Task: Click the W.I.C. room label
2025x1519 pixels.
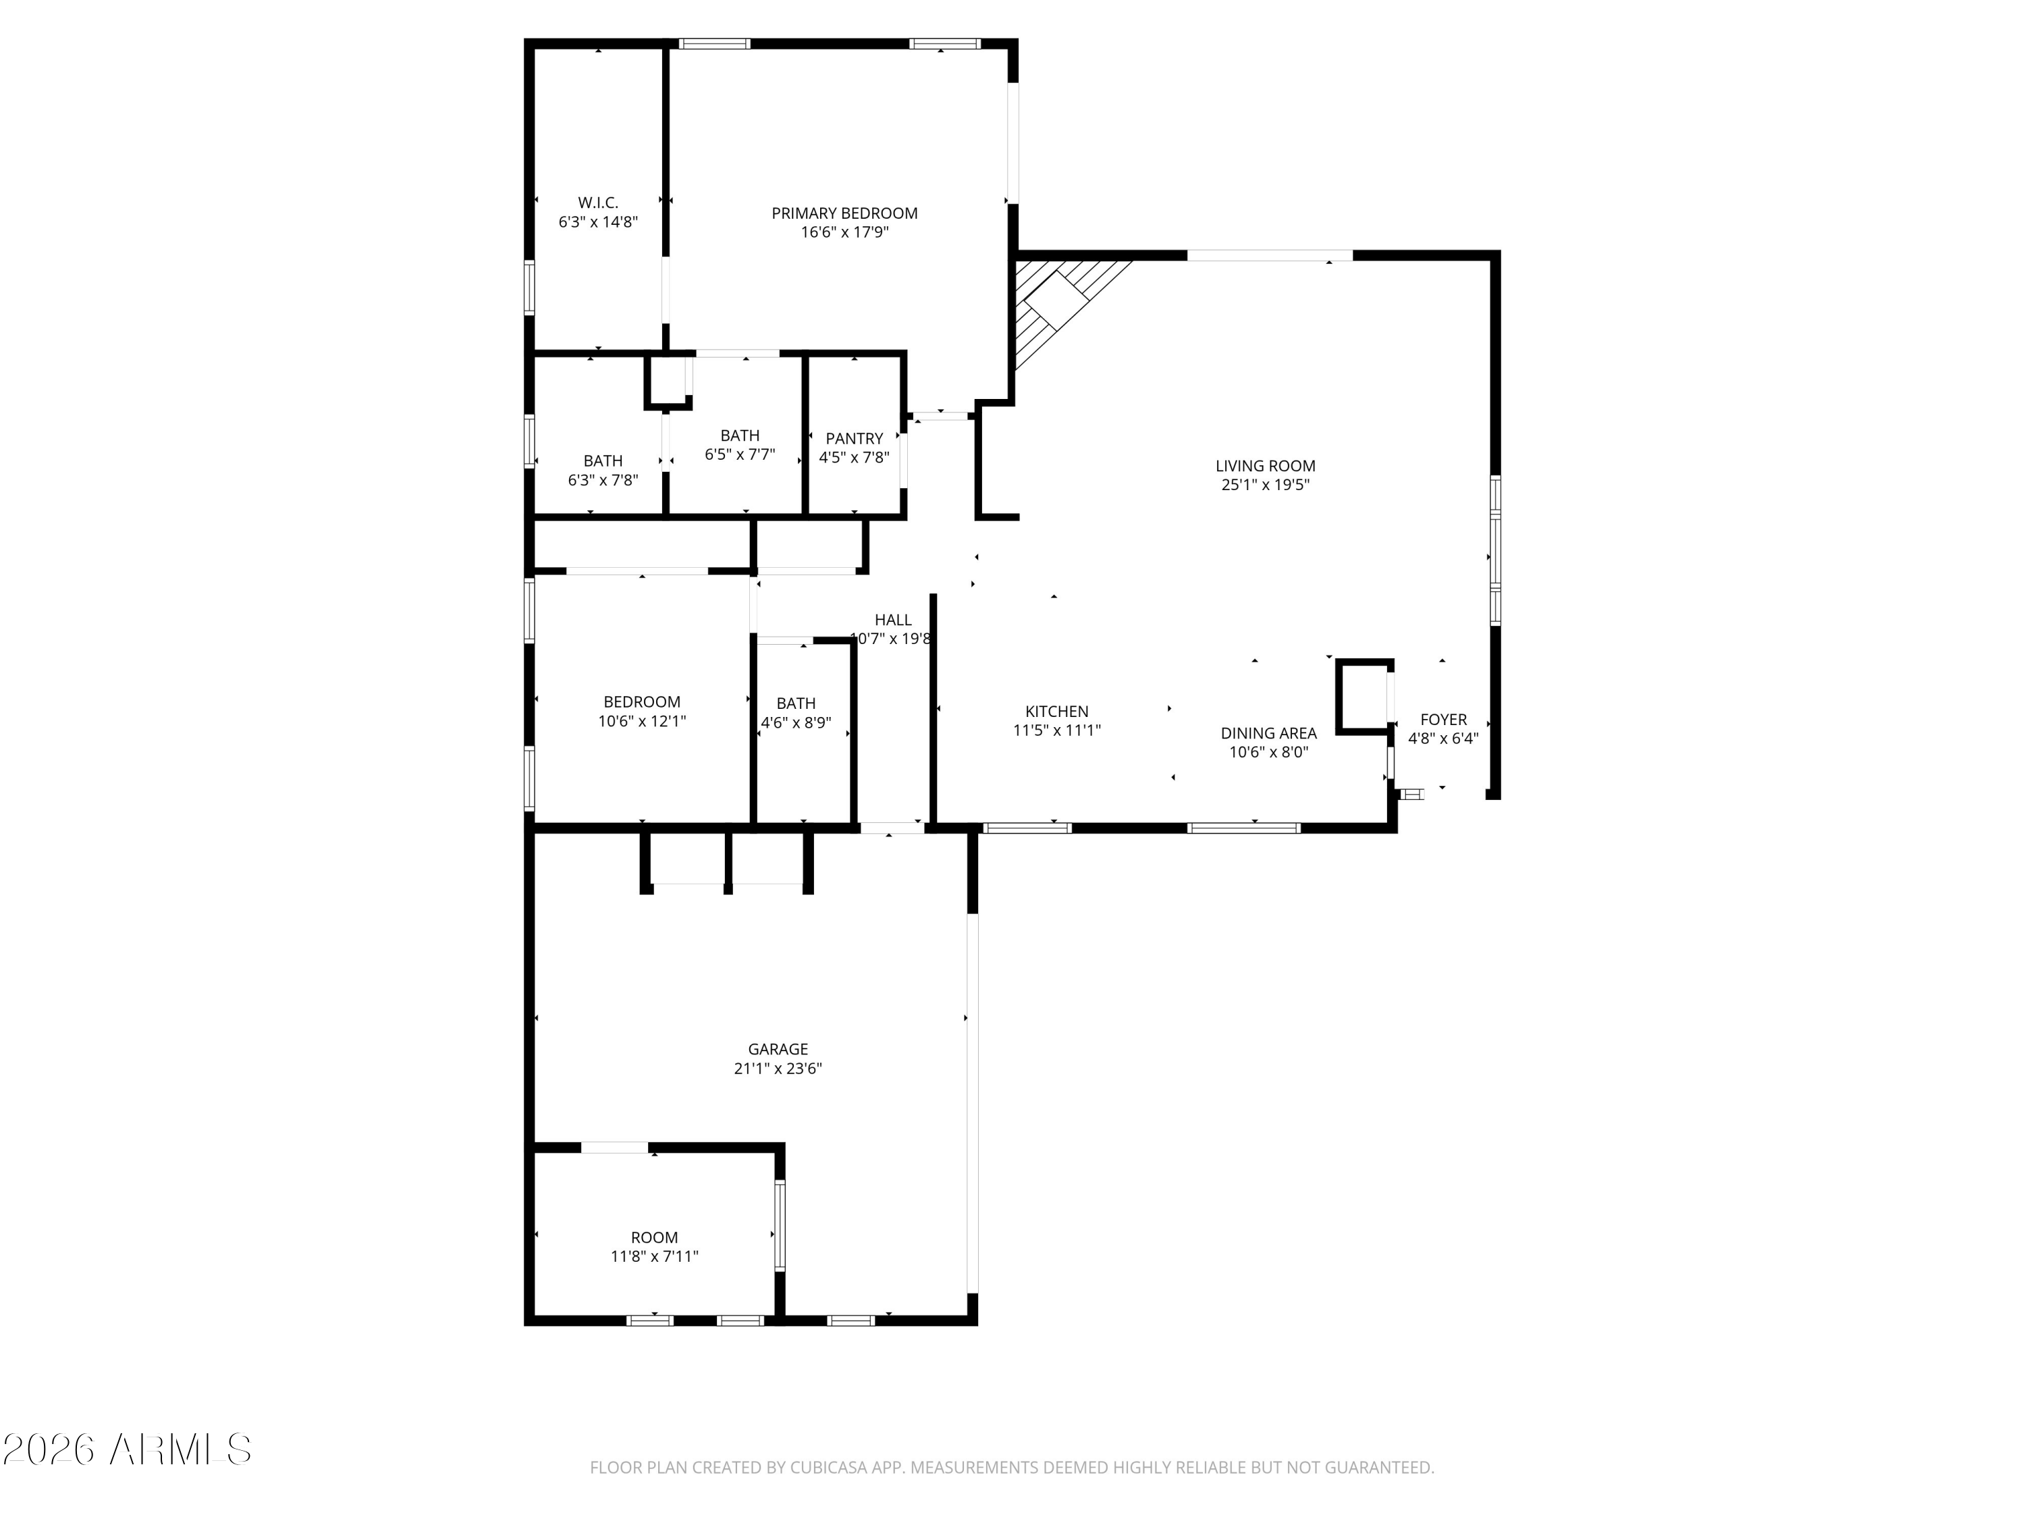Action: point(598,203)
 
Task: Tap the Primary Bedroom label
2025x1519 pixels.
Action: point(844,213)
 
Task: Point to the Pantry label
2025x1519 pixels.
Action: point(854,439)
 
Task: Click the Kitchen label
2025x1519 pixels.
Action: point(1056,712)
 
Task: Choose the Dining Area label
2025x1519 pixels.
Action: point(1268,733)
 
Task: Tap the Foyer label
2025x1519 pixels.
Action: point(1442,720)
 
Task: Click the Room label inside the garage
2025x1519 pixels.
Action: point(653,1237)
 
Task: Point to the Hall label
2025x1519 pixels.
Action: point(892,620)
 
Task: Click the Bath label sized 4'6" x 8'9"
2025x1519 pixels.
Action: point(796,703)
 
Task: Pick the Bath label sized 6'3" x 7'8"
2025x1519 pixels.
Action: point(602,460)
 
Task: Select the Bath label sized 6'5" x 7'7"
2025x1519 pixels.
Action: point(740,436)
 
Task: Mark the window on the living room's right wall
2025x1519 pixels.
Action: point(1495,550)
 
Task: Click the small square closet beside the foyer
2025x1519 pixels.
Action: point(1363,696)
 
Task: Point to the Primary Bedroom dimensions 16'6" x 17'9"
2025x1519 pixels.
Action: point(844,232)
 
